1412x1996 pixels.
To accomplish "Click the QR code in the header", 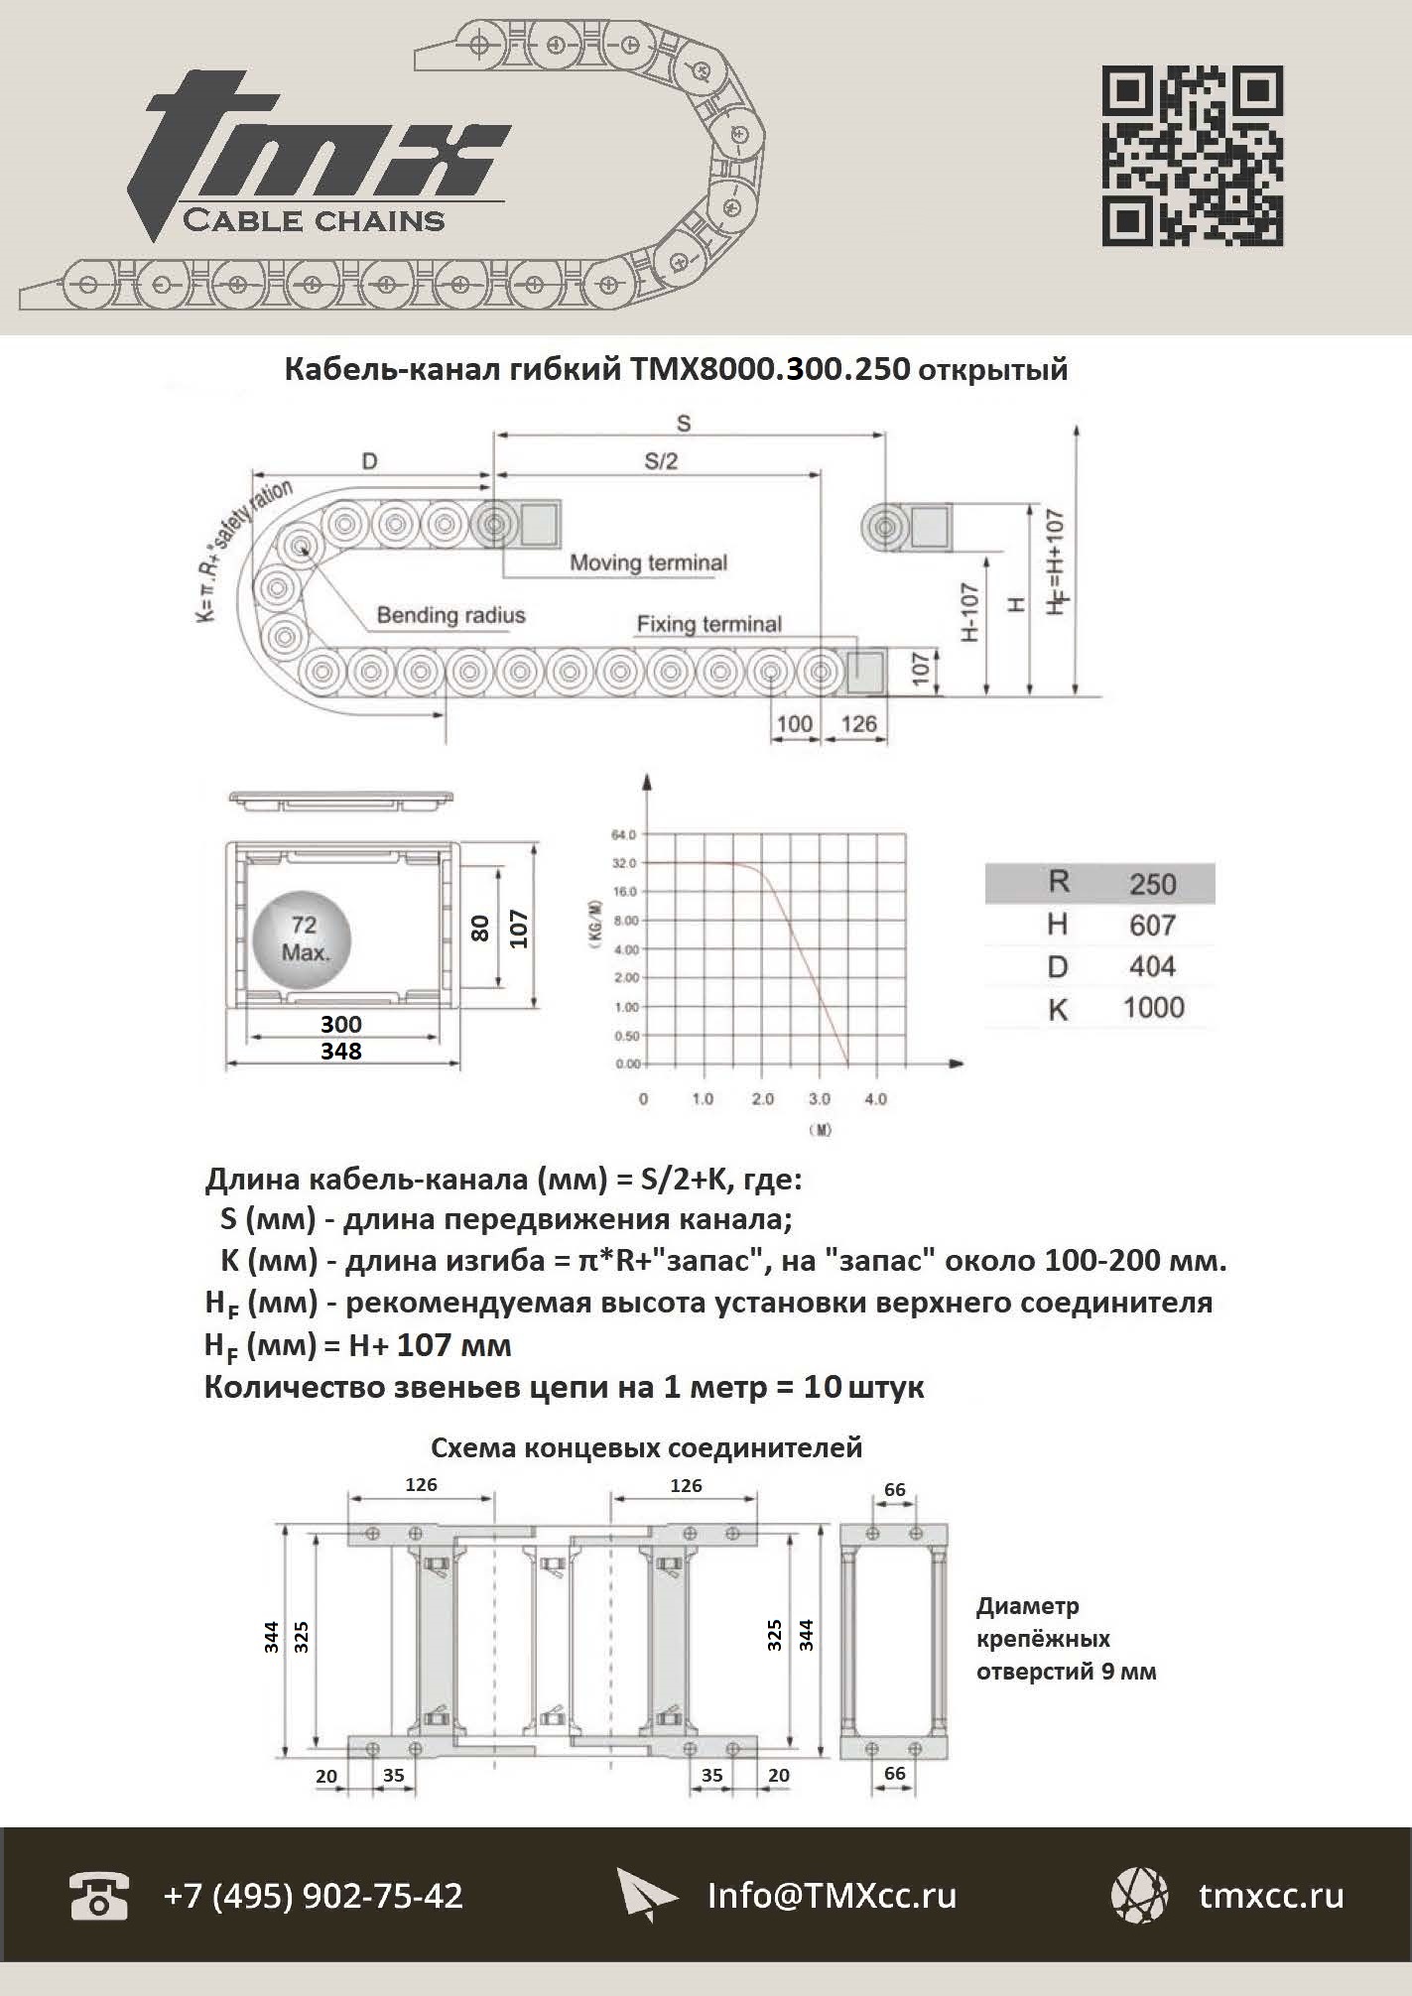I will [x=1192, y=156].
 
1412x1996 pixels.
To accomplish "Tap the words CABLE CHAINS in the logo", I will [x=314, y=219].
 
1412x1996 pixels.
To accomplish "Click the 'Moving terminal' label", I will [x=648, y=563].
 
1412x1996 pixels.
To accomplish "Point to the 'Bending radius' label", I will [x=450, y=615].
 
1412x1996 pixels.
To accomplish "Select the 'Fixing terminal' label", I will [x=708, y=624].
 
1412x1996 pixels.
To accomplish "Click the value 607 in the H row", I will [x=1152, y=926].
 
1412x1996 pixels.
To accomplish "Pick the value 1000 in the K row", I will [x=1153, y=1008].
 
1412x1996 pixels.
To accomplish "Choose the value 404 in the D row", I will [x=1152, y=966].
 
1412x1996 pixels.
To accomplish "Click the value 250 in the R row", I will [x=1152, y=884].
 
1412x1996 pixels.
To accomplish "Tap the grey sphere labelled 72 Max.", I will [x=302, y=938].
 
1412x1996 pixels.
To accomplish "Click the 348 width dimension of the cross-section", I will [x=340, y=1051].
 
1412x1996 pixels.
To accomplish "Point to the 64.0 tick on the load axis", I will [x=624, y=834].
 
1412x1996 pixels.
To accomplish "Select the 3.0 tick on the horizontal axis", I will [x=819, y=1099].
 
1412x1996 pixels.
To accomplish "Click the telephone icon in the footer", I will [x=99, y=1896].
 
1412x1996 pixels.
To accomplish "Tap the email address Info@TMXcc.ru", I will [x=832, y=1896].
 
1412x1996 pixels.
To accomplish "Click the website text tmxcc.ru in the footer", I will [x=1271, y=1896].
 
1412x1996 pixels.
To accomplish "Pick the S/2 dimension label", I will [x=661, y=461].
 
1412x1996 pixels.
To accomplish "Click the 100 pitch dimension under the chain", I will [x=794, y=723].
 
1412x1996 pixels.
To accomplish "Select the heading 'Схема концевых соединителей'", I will [x=646, y=1448].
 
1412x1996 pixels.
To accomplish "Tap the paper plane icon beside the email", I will [x=646, y=1896].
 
